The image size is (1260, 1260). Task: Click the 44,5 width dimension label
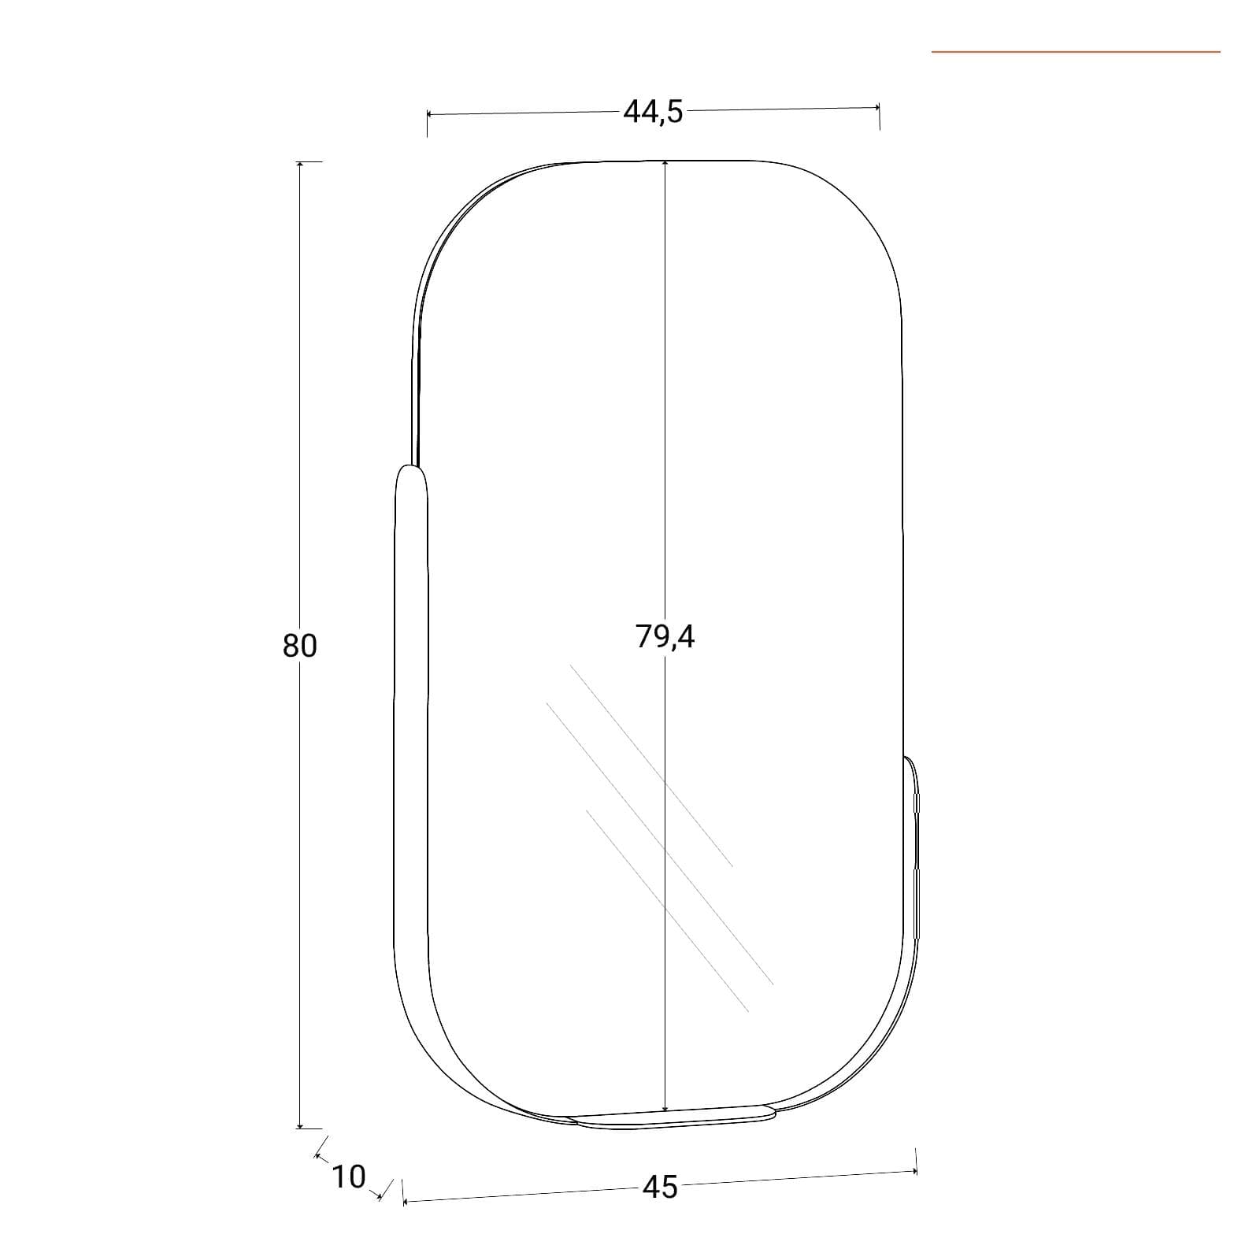(x=653, y=113)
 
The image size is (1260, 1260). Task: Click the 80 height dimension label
(x=299, y=645)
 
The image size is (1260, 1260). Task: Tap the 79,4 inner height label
(x=665, y=636)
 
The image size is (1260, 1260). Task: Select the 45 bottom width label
(x=660, y=1187)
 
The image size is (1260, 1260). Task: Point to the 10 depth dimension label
(x=348, y=1177)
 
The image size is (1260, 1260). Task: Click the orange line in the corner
(x=1076, y=52)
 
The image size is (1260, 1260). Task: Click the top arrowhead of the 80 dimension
(x=299, y=165)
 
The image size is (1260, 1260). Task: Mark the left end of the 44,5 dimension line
(x=428, y=114)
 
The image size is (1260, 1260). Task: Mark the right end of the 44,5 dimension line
(x=879, y=106)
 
